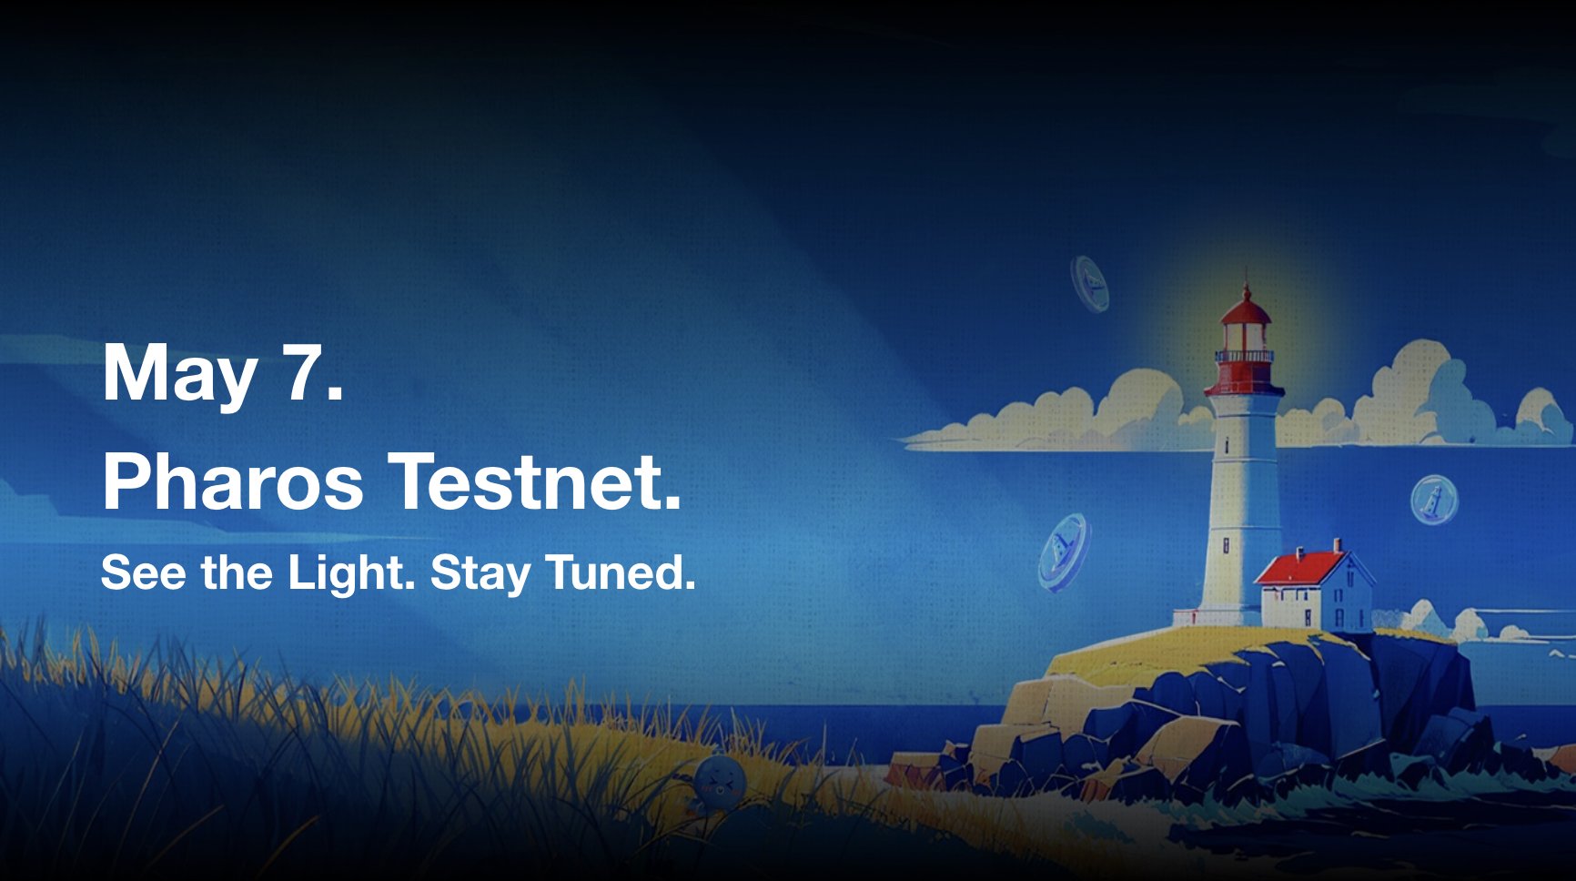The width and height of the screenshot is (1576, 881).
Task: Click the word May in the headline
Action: (179, 372)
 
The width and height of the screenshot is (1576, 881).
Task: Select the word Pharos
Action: (233, 481)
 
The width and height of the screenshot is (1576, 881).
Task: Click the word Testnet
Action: (535, 481)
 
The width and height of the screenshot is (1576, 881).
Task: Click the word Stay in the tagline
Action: (480, 572)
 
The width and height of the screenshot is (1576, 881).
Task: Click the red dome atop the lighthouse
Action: (1246, 309)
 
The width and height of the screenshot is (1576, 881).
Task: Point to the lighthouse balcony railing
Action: (1245, 357)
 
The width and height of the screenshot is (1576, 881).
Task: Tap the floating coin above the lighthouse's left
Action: (1090, 283)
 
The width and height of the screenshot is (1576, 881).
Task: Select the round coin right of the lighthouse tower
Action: (1434, 501)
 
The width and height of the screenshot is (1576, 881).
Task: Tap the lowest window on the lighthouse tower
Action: (1226, 545)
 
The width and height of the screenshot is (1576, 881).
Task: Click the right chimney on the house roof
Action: (1338, 544)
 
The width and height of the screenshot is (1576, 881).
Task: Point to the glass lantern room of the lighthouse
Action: (1245, 338)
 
